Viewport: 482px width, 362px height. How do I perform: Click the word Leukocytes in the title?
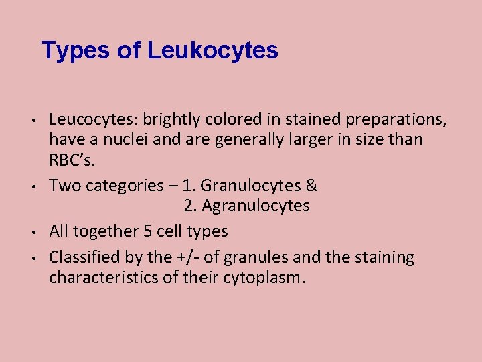[x=213, y=50]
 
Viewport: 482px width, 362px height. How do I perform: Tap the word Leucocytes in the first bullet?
[x=91, y=119]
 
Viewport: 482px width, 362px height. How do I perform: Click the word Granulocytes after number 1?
[x=254, y=186]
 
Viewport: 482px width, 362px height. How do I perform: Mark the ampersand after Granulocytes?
[x=312, y=186]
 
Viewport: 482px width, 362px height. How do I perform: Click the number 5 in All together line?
[x=148, y=231]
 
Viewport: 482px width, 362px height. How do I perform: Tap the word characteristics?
[x=102, y=278]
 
